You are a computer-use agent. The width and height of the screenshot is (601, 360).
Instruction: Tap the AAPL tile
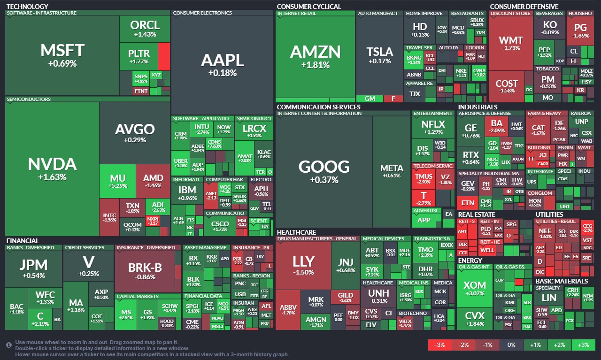pyautogui.click(x=222, y=64)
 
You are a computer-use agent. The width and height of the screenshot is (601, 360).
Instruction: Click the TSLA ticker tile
pyautogui.click(x=379, y=55)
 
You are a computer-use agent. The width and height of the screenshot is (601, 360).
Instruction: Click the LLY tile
pyautogui.click(x=303, y=266)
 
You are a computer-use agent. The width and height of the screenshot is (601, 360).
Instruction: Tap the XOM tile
pyautogui.click(x=475, y=289)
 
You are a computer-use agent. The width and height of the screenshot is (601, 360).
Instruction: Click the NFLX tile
pyautogui.click(x=433, y=128)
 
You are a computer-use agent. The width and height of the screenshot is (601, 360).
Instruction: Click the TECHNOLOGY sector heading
pyautogui.click(x=27, y=7)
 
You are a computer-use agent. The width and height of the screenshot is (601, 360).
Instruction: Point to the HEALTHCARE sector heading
pyautogui.click(x=296, y=232)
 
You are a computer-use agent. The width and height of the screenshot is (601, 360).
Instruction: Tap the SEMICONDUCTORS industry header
pyautogui.click(x=29, y=100)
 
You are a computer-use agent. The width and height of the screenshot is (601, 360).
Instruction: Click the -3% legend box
pyautogui.click(x=440, y=345)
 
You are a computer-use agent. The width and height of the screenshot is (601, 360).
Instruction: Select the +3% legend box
pyautogui.click(x=583, y=345)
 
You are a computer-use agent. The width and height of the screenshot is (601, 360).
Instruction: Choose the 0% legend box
pyautogui.click(x=511, y=345)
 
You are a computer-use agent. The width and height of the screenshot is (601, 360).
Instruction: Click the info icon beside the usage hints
pyautogui.click(x=9, y=345)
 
